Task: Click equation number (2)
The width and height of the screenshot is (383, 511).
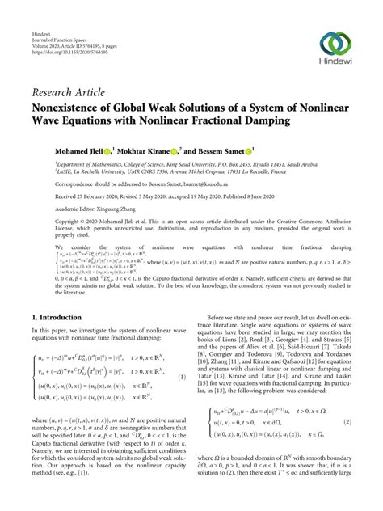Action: pos(347,422)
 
